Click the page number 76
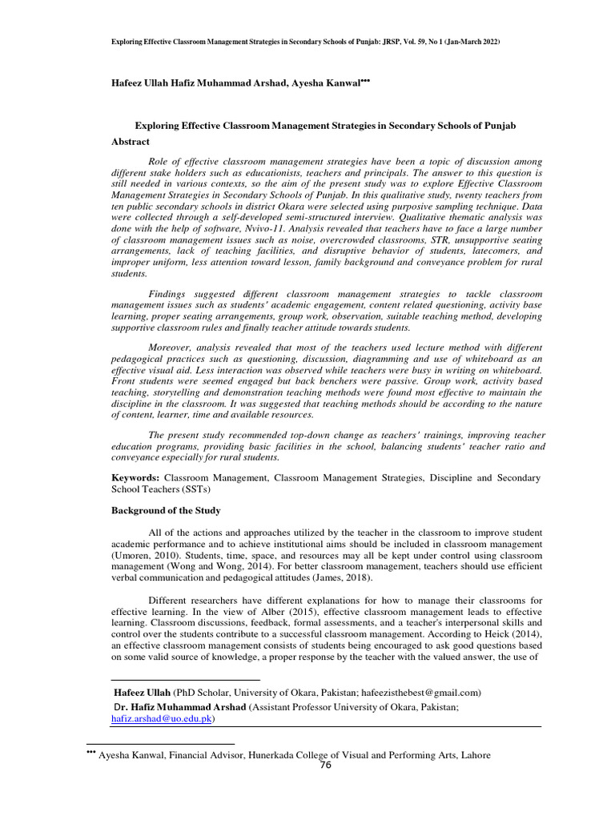coord(325,765)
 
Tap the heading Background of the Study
coord(166,511)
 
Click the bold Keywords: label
coord(135,477)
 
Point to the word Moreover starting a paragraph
coord(173,348)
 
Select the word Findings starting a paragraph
coord(171,294)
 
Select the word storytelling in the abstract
coord(178,393)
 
